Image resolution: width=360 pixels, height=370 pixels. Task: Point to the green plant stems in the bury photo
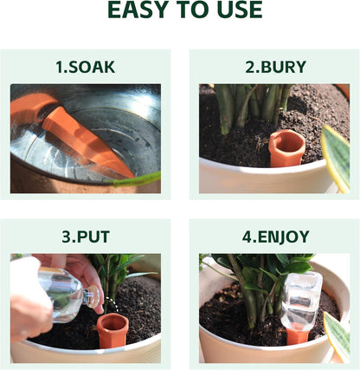[251, 108]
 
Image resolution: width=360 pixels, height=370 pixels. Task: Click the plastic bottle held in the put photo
[61, 295]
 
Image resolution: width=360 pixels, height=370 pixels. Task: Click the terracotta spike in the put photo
[112, 329]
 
